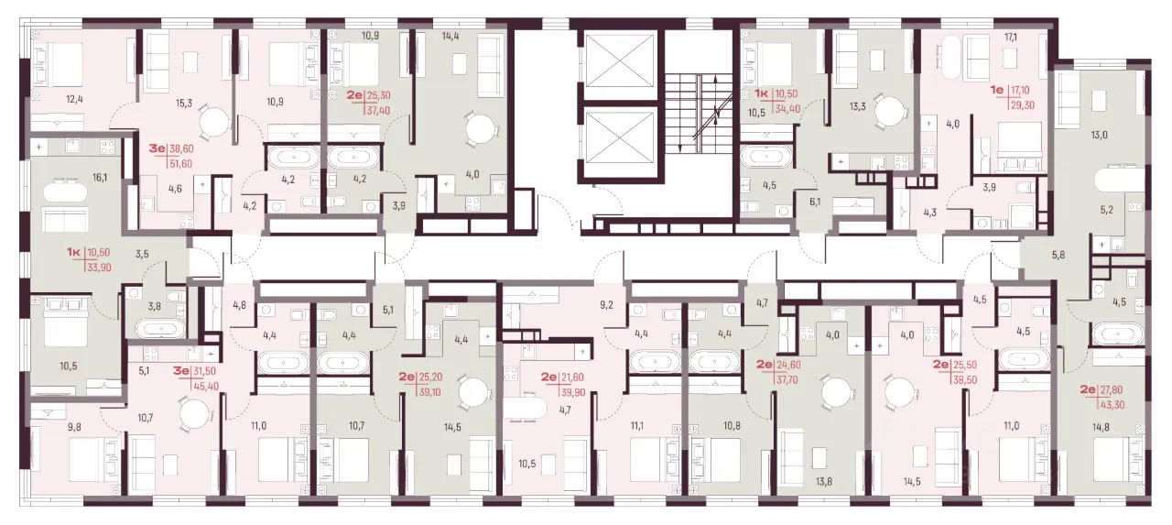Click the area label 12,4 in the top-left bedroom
click(74, 100)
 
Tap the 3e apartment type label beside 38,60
click(157, 148)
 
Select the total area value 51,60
click(181, 164)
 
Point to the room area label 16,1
click(100, 178)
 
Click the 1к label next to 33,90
click(74, 253)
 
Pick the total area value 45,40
click(206, 387)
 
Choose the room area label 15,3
click(183, 104)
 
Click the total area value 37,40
click(378, 111)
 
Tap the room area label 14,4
click(450, 36)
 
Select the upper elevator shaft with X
click(620, 60)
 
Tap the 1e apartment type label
click(997, 90)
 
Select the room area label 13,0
click(1099, 135)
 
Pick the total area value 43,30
click(1112, 405)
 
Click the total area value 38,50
click(965, 380)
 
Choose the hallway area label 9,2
click(606, 305)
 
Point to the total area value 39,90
click(572, 392)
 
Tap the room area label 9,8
click(74, 427)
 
